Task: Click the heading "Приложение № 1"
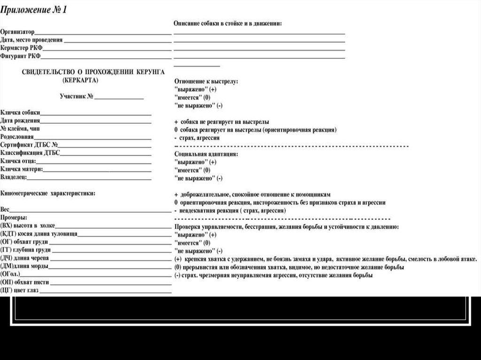tap(33, 10)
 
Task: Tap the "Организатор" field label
tap(17, 32)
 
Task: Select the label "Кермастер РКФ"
tap(21, 48)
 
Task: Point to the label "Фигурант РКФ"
tap(21, 56)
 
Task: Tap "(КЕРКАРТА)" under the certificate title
tap(80, 80)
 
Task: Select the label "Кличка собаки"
tap(20, 113)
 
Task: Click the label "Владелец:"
tap(14, 177)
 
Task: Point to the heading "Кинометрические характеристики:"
tap(48, 193)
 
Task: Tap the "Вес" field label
tap(5, 209)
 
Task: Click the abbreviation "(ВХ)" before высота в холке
tap(8, 225)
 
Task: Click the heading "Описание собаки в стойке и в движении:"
tap(228, 23)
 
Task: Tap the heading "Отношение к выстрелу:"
tap(206, 81)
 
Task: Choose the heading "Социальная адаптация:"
tap(206, 153)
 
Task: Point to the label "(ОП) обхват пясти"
tap(25, 282)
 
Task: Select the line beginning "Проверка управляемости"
tap(287, 226)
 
